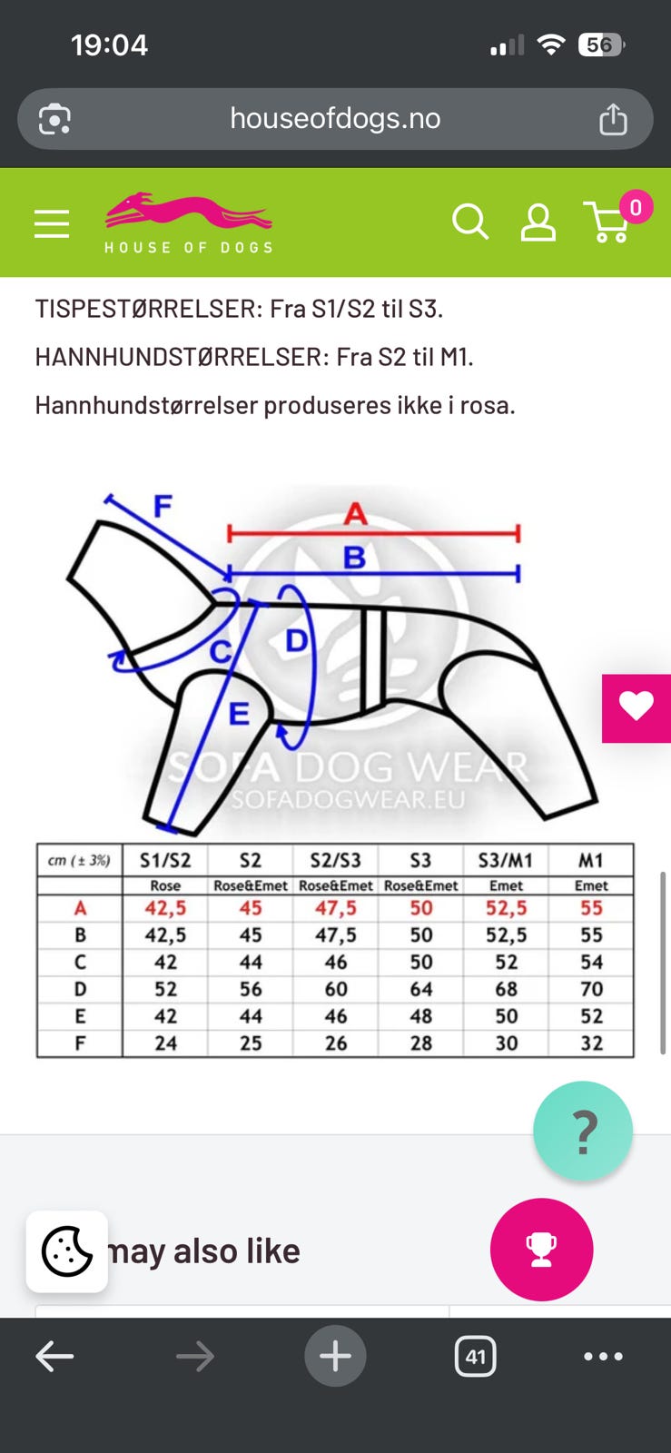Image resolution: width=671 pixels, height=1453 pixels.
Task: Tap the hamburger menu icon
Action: tap(52, 223)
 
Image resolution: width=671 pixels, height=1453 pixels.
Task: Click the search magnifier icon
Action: tap(470, 222)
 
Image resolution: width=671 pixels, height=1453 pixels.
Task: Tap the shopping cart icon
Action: tap(608, 222)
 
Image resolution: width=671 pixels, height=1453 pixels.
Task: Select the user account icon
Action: tap(538, 223)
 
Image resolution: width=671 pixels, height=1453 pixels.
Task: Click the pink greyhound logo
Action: tap(189, 210)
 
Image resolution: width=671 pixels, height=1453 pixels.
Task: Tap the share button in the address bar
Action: tap(613, 119)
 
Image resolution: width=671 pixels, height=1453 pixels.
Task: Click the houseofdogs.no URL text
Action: tap(335, 119)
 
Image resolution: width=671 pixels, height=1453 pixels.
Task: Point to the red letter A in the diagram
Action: tap(355, 514)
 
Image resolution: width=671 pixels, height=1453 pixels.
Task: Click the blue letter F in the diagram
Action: tap(163, 505)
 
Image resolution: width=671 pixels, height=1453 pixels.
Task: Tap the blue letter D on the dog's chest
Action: tap(296, 641)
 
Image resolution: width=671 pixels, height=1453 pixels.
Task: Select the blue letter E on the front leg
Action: tap(239, 714)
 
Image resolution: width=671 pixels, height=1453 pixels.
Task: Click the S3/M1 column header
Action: tap(506, 860)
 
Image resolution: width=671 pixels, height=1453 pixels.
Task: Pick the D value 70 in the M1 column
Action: tap(591, 989)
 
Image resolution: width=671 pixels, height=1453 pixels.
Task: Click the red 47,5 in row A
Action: tap(336, 907)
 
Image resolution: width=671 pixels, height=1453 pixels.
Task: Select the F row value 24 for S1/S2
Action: tap(165, 1043)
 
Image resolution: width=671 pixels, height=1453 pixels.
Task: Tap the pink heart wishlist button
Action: tap(636, 707)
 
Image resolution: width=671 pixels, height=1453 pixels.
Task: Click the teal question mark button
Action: tap(583, 1130)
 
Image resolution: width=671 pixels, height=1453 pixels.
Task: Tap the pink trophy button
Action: tap(541, 1250)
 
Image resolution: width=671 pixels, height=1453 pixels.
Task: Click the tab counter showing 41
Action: tap(475, 1356)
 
